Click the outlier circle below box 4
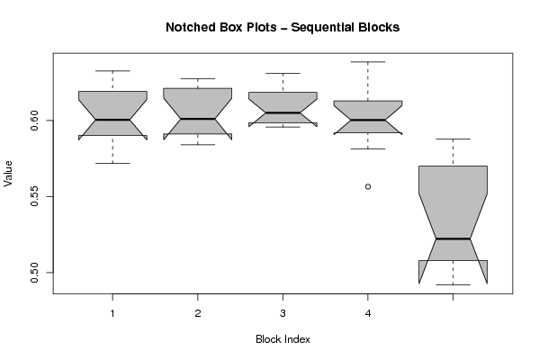click(368, 186)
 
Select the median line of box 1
click(112, 120)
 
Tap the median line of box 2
click(198, 119)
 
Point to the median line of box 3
click(283, 112)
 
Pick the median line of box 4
click(368, 120)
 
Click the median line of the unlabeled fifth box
click(453, 238)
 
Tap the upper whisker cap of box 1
click(112, 71)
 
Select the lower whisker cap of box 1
click(112, 163)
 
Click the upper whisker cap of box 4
click(368, 62)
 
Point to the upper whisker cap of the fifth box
click(453, 139)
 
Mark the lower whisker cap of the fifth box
click(453, 284)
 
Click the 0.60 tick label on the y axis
click(34, 121)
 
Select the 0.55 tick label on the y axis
click(34, 196)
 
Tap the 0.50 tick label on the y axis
click(34, 273)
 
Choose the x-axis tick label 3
click(283, 313)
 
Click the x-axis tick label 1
click(112, 313)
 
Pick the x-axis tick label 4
click(368, 313)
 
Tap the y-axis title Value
click(8, 174)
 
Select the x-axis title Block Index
click(283, 339)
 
